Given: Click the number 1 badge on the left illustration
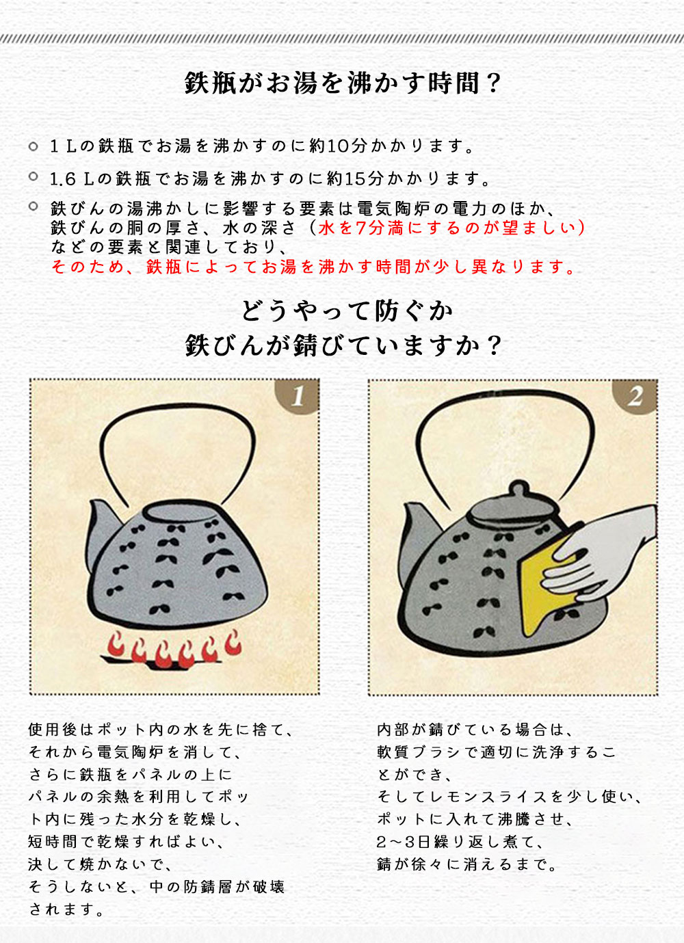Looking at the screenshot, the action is [x=298, y=396].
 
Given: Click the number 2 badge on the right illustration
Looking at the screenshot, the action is [x=635, y=396].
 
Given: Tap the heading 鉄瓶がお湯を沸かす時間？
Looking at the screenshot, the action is [x=342, y=83].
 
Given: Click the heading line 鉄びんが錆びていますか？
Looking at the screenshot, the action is [x=343, y=346].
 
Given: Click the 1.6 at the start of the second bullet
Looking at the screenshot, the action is [x=63, y=180].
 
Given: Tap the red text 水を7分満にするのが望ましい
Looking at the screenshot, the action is [x=447, y=228].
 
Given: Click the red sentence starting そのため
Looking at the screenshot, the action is [x=313, y=267].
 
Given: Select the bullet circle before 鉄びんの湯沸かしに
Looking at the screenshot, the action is [x=34, y=207].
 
